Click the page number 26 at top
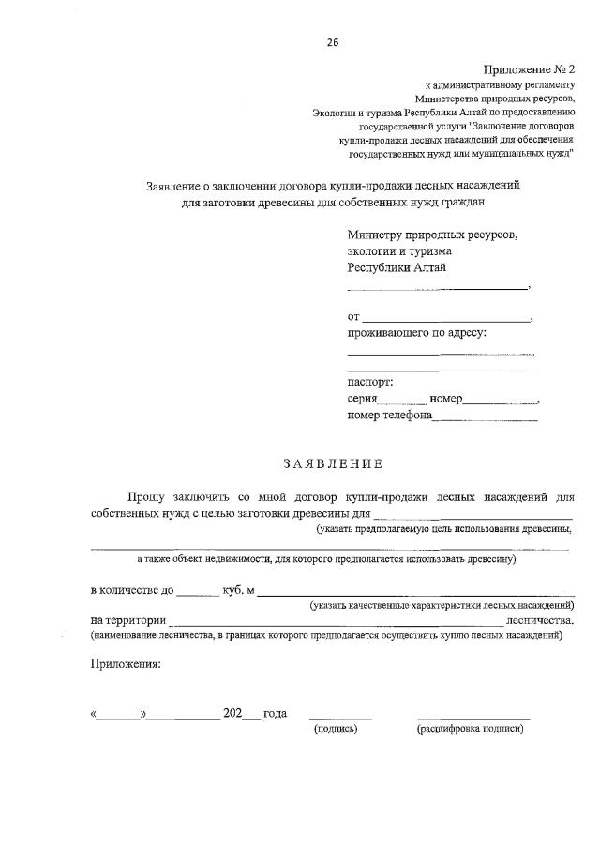pyautogui.click(x=332, y=42)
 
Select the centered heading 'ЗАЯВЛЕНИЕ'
pyautogui.click(x=332, y=463)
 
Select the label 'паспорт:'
pyautogui.click(x=370, y=382)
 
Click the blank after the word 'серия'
pyautogui.click(x=401, y=401)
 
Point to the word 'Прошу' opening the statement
pyautogui.click(x=148, y=496)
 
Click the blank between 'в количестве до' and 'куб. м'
pyautogui.click(x=196, y=593)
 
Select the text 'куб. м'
pyautogui.click(x=239, y=590)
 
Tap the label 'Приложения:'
pyautogui.click(x=126, y=664)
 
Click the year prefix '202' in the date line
pyautogui.click(x=233, y=713)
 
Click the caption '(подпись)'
pyautogui.click(x=337, y=729)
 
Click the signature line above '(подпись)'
pyautogui.click(x=340, y=718)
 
